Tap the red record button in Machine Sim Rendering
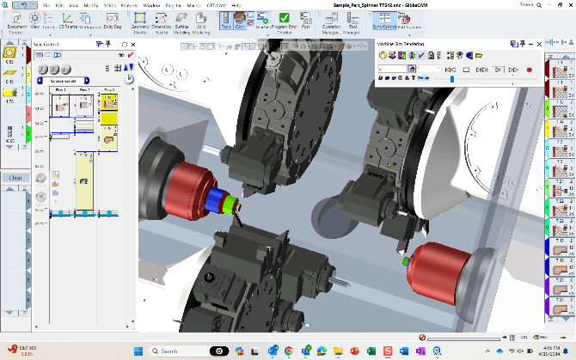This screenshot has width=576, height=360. pyautogui.click(x=529, y=69)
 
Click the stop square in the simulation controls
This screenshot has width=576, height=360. pyautogui.click(x=465, y=69)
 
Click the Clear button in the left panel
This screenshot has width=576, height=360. pyautogui.click(x=15, y=178)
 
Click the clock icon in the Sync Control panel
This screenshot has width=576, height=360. pyautogui.click(x=129, y=77)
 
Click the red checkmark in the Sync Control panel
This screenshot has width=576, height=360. pyautogui.click(x=130, y=54)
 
